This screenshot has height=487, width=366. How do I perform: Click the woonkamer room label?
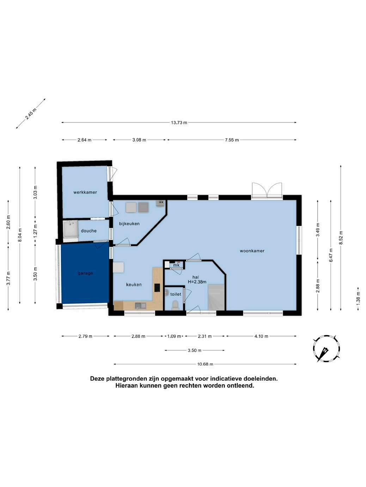point(252,251)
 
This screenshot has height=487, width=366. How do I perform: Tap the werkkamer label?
point(85,192)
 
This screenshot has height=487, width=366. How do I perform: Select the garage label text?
point(85,273)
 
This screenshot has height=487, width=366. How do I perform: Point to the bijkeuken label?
point(129,224)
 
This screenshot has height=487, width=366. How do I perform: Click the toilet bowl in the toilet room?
point(175,305)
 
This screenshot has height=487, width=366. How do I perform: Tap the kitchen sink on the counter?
point(140,306)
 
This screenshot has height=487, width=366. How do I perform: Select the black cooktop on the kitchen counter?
point(157,288)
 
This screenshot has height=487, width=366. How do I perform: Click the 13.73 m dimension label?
point(179,122)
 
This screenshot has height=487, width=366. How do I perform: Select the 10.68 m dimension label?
point(205,364)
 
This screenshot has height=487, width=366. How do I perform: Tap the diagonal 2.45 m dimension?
point(31,114)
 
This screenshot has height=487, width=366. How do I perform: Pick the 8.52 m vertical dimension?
point(341,238)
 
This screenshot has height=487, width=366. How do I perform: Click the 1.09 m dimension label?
point(174,336)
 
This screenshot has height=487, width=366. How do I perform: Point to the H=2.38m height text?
point(197,282)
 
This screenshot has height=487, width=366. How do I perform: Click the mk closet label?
point(176,265)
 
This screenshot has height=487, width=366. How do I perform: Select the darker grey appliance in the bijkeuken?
point(143,207)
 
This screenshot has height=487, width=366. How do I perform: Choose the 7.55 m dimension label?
point(232,140)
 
